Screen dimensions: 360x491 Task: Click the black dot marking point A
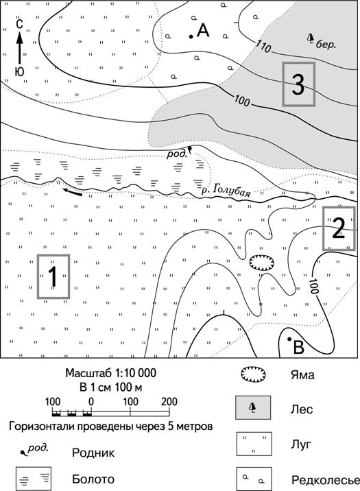coord(191,36)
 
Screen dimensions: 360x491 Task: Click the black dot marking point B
coord(289,339)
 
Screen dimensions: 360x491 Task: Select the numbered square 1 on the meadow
coord(53,276)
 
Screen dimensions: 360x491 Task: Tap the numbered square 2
coord(339,228)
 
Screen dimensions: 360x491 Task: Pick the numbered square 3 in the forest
coord(299,84)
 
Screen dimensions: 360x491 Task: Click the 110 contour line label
coord(263,47)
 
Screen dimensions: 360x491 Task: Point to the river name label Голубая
coord(230,191)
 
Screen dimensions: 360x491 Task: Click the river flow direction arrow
coord(72,191)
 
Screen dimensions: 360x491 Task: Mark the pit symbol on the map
coord(262,263)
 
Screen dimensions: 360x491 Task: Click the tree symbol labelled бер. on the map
coord(310,38)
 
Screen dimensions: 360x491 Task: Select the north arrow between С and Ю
coord(20,49)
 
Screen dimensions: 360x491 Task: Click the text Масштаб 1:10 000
coord(111,373)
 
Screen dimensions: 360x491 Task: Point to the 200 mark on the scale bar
coord(169,401)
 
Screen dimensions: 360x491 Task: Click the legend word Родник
coord(93,453)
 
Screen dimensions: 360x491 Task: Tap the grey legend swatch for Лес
coord(253,407)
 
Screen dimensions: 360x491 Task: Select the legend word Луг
coord(301,444)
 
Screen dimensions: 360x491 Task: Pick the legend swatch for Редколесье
coord(254,479)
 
